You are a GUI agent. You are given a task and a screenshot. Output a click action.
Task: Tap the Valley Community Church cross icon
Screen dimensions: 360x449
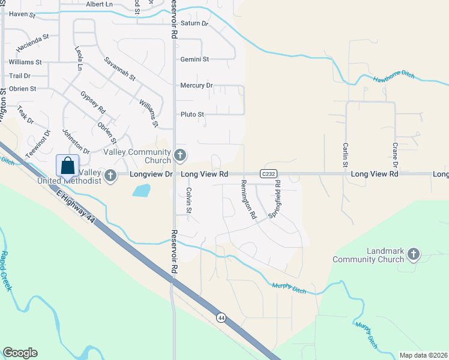179,156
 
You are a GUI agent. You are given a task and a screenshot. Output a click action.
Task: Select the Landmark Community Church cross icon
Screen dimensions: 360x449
412,255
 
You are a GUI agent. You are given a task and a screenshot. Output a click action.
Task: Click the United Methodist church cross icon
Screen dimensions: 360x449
110,175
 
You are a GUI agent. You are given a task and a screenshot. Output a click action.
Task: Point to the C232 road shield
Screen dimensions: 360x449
268,174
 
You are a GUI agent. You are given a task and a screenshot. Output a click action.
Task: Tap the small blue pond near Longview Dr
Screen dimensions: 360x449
141,191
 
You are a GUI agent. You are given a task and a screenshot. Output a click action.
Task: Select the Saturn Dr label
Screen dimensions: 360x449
194,24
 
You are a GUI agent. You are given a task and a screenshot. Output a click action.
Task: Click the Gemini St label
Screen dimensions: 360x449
194,59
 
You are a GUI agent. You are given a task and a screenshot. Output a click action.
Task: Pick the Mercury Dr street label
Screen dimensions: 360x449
196,86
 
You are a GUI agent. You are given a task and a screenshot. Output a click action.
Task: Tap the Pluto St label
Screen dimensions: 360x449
192,114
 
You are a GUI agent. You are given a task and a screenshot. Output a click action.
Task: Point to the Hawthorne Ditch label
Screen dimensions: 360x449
394,78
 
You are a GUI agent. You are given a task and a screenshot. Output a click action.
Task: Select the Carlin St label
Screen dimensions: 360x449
346,155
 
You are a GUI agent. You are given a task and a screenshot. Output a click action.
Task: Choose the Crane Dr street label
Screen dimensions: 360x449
396,155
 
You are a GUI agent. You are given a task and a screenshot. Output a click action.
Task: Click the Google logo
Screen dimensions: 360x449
20,352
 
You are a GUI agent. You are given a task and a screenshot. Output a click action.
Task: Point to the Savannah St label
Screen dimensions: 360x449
120,70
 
